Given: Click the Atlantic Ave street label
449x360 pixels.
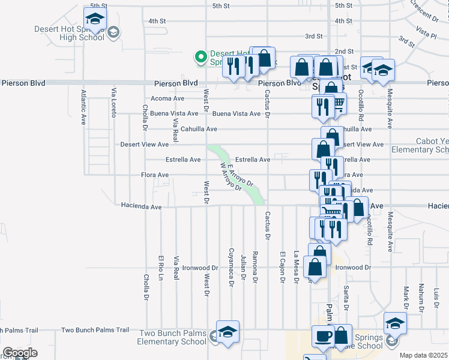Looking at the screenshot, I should pyautogui.click(x=84, y=107).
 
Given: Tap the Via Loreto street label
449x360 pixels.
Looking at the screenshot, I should pyautogui.click(x=113, y=102).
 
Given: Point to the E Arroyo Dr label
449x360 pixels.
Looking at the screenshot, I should pyautogui.click(x=241, y=175).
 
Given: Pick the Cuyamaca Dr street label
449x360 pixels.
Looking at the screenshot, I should pyautogui.click(x=231, y=267).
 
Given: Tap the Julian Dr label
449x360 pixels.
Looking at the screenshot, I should pyautogui.click(x=243, y=267).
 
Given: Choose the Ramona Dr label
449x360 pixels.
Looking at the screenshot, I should pyautogui.click(x=255, y=267).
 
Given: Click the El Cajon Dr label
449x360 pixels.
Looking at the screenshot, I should pyautogui.click(x=282, y=267).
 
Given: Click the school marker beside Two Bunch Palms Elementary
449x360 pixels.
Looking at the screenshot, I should pyautogui.click(x=228, y=334).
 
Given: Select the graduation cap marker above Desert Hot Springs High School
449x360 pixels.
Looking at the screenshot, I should pyautogui.click(x=95, y=20).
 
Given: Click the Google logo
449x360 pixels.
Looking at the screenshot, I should pyautogui.click(x=20, y=353).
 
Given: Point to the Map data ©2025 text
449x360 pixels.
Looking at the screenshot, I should pyautogui.click(x=424, y=355).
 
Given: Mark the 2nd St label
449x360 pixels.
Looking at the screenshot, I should pyautogui.click(x=344, y=52).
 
